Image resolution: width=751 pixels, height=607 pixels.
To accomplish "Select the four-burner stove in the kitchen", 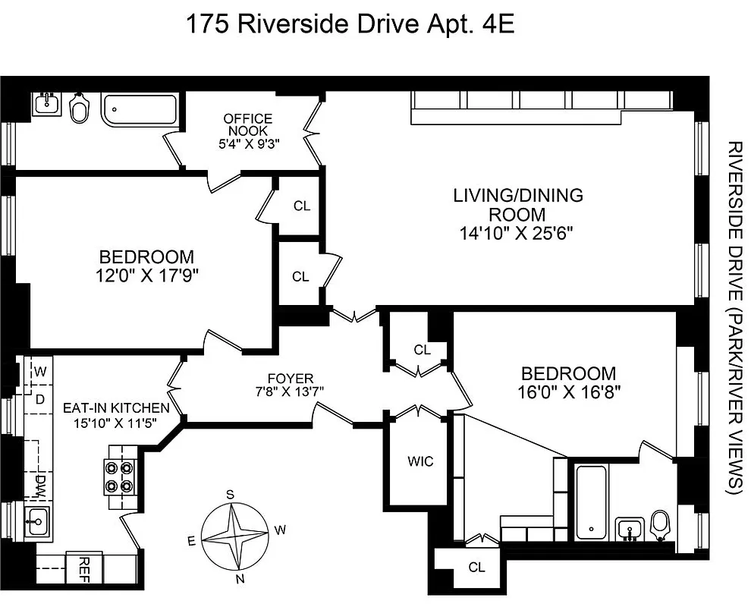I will (119, 478).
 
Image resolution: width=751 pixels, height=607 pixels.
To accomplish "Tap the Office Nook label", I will (248, 124).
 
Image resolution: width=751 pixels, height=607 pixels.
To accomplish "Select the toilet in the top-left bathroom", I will (78, 109).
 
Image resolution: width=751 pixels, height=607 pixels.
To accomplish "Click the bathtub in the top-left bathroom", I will (140, 109).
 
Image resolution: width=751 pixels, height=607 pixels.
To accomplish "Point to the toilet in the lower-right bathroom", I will (661, 524).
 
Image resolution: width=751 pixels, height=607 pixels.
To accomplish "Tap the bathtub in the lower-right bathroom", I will (591, 501).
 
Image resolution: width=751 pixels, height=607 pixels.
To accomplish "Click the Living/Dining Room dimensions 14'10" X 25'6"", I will (518, 233).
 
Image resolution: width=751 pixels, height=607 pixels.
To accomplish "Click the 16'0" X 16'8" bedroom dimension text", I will (567, 392).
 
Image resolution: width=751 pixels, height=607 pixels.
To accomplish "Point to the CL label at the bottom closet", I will (476, 567).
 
